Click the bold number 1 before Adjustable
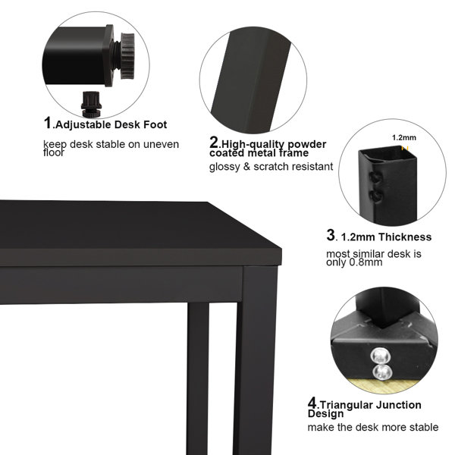tap(48, 123)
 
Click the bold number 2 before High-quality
tap(214, 142)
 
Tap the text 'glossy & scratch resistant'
tap(271, 166)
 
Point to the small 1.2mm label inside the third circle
tap(403, 138)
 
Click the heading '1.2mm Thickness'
tap(386, 237)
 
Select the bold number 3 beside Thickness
tap(331, 236)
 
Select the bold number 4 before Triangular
tap(312, 403)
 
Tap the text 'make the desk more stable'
tap(372, 428)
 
